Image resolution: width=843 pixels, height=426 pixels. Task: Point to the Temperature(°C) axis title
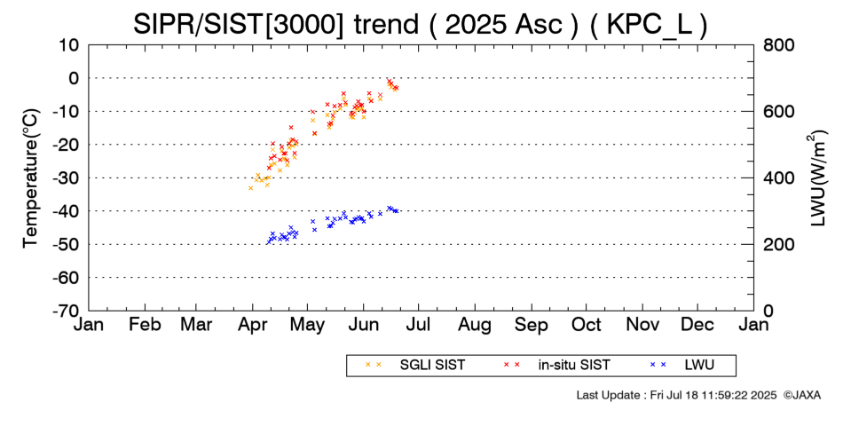(31, 177)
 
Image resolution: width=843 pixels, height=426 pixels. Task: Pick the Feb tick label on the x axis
(145, 325)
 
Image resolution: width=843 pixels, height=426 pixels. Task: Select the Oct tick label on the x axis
(586, 325)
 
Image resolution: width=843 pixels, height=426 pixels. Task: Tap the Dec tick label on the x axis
(697, 325)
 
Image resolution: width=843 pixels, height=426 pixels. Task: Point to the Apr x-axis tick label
(255, 325)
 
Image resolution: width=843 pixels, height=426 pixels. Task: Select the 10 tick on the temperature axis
(69, 44)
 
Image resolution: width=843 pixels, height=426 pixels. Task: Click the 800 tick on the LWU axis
(778, 44)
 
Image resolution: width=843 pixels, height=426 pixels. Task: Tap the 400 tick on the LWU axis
(778, 177)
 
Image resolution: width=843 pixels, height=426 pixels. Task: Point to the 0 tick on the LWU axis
(768, 311)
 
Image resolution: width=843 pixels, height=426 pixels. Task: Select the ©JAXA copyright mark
(801, 394)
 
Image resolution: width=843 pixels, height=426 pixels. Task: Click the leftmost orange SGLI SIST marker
(251, 188)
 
